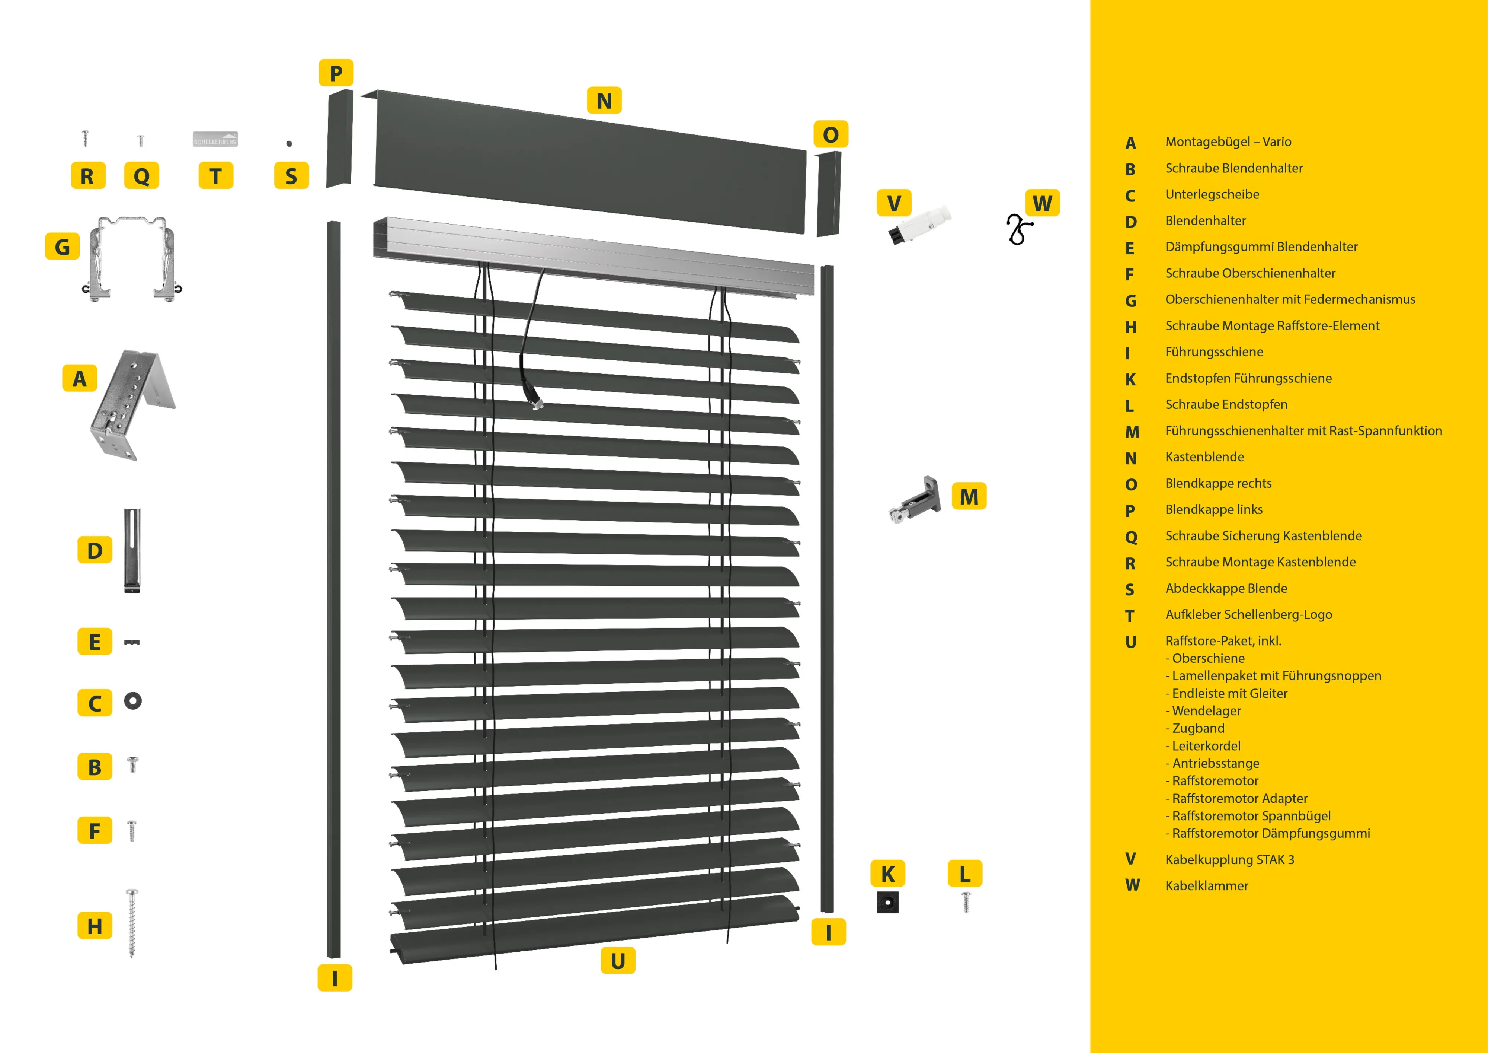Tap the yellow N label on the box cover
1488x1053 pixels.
[604, 101]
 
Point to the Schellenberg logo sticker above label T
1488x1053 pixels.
[215, 139]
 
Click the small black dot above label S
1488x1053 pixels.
[289, 143]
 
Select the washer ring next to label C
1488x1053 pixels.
[133, 700]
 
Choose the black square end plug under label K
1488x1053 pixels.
[887, 902]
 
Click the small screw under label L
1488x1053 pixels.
[966, 901]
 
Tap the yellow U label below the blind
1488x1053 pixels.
[618, 960]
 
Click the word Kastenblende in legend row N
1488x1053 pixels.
[1204, 457]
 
